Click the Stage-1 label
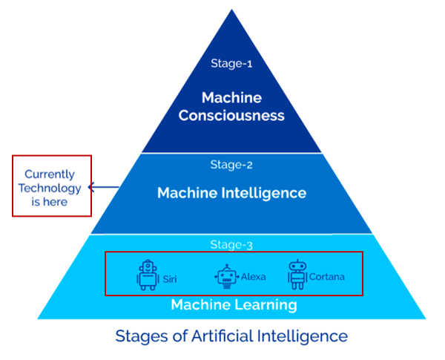(x=231, y=64)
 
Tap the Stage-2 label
(x=231, y=166)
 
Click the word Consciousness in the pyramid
(x=231, y=115)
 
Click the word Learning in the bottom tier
(x=266, y=304)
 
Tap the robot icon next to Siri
(x=148, y=275)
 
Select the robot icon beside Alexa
(x=226, y=276)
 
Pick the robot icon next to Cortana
(x=297, y=275)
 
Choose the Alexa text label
(x=253, y=277)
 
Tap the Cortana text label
(x=327, y=277)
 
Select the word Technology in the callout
(x=51, y=188)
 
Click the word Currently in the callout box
(x=51, y=174)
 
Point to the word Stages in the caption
(x=141, y=336)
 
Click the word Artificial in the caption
(x=217, y=336)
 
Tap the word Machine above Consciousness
(x=231, y=97)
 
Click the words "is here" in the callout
(x=51, y=201)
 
